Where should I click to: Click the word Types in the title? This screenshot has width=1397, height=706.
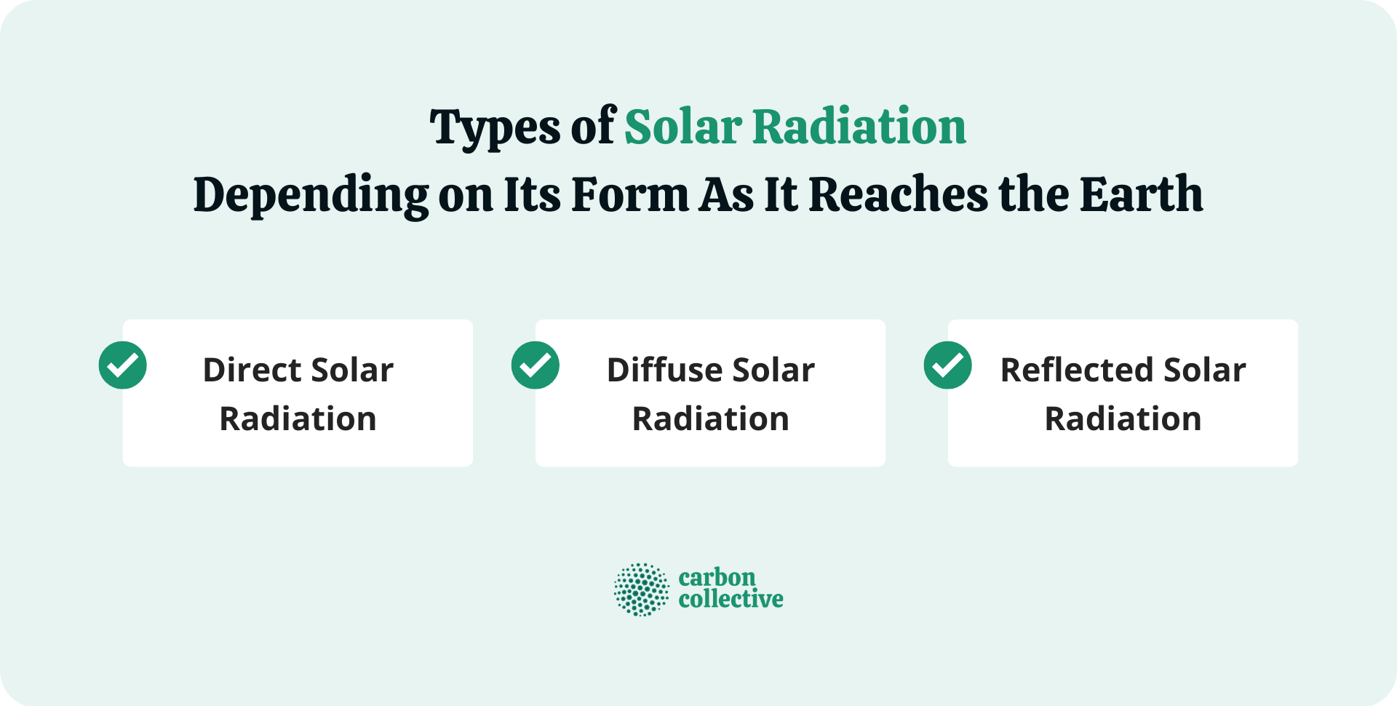tap(495, 128)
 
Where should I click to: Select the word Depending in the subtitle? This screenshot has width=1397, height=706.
tap(311, 195)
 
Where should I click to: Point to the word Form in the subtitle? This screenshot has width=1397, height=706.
tap(630, 195)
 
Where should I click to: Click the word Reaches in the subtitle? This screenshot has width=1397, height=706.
tap(898, 195)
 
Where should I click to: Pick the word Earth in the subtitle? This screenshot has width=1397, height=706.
tap(1140, 195)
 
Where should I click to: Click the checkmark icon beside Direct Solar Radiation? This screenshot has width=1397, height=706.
tap(123, 365)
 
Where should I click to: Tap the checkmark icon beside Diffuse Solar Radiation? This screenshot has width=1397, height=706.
tap(536, 365)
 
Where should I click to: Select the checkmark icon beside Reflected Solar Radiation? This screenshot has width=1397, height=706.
tap(948, 365)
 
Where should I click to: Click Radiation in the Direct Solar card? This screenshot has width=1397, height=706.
tap(298, 419)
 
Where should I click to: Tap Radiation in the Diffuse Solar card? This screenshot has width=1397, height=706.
tap(711, 419)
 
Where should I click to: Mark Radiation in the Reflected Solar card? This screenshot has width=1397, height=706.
tap(1123, 419)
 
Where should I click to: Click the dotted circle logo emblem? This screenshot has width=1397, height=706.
tap(641, 590)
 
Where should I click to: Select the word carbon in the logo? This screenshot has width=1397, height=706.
tap(717, 578)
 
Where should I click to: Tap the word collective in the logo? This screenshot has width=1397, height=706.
tap(731, 600)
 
